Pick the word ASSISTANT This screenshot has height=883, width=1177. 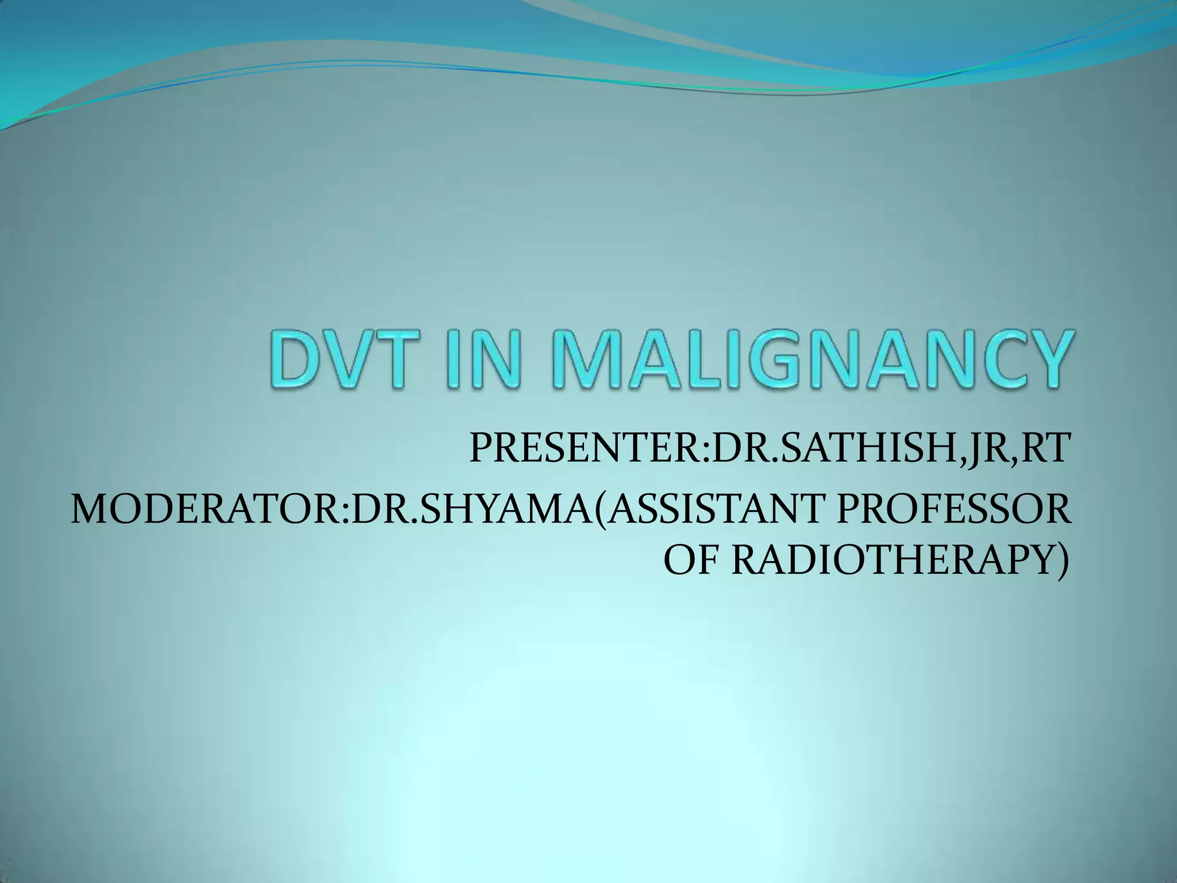707,510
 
